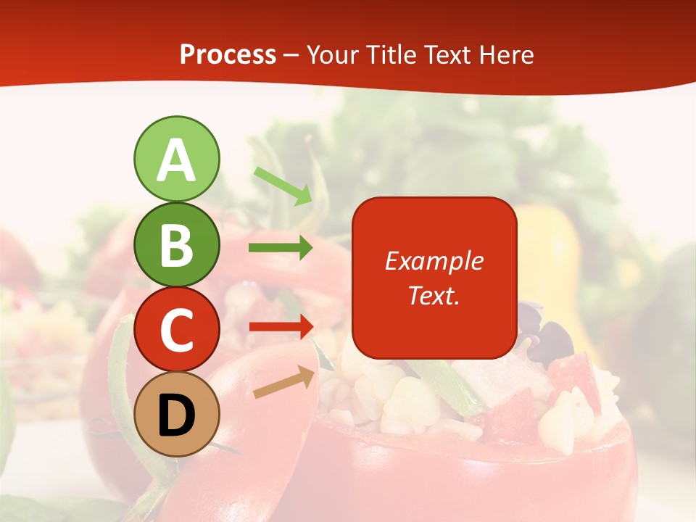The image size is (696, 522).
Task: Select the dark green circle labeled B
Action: pos(176,244)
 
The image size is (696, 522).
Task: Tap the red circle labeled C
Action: pos(176,330)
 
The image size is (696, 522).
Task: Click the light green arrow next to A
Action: pos(283,186)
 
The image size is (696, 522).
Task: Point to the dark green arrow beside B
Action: pos(281,248)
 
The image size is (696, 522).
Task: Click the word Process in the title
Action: pos(228,55)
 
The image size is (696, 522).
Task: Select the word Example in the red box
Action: pos(434,262)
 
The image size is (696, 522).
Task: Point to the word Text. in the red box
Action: pos(434,295)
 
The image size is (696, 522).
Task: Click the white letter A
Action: pos(176,161)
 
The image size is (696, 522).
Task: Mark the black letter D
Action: pos(176,416)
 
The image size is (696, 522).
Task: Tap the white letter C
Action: pos(176,331)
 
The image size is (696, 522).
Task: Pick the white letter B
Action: pos(176,245)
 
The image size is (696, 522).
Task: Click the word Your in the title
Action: pos(333,55)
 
